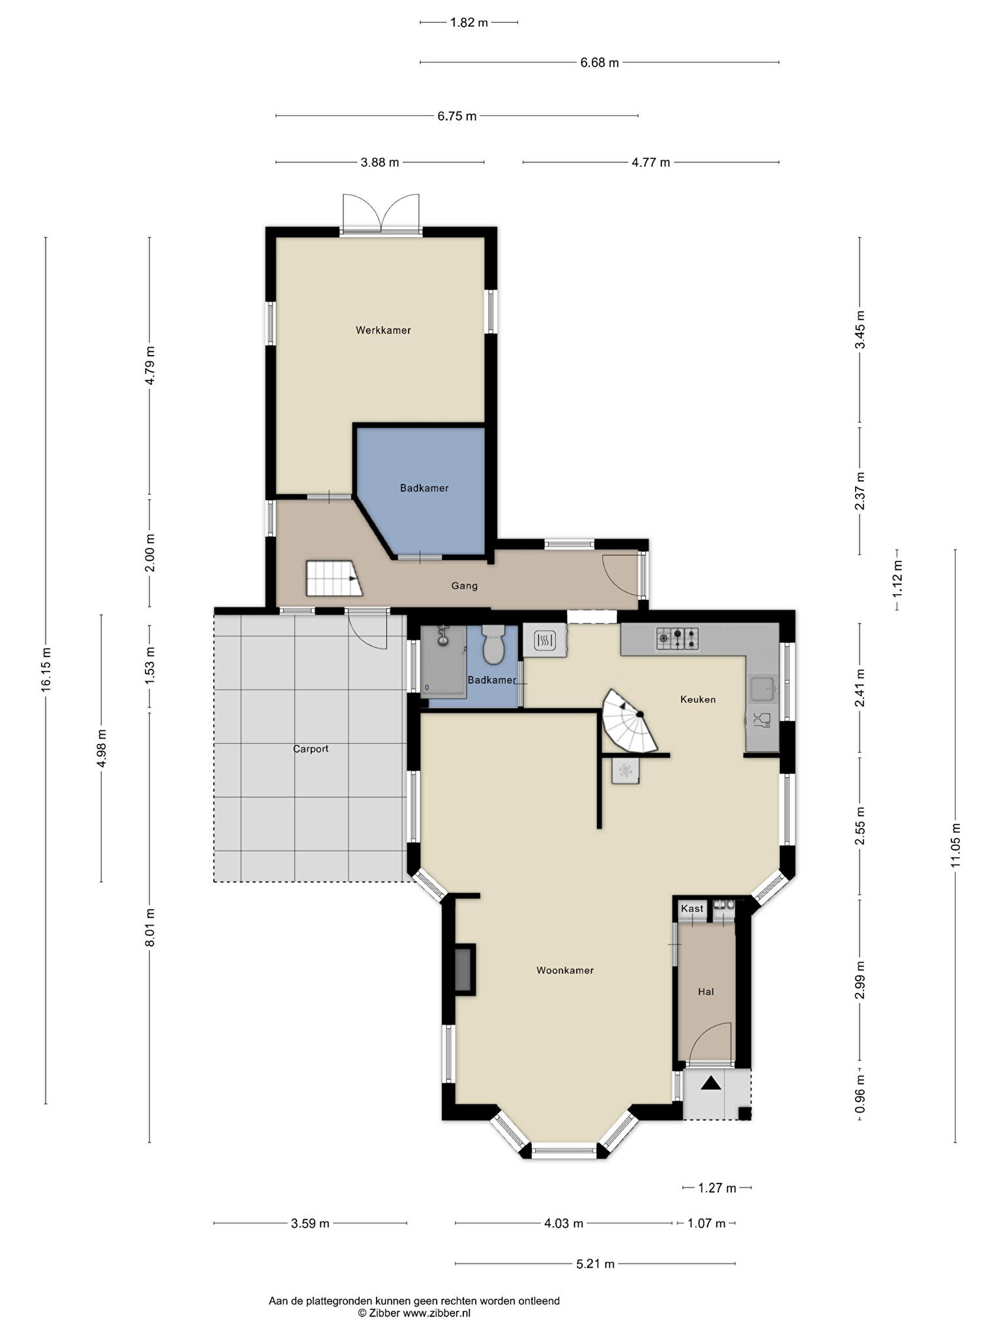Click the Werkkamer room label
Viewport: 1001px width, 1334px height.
tap(383, 330)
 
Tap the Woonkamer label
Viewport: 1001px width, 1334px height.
tap(565, 970)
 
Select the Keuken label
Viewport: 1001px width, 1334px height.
tap(698, 699)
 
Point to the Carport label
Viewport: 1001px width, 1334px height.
tap(311, 749)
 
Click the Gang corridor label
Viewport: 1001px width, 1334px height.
tap(465, 586)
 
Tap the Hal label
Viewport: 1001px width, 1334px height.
tap(706, 991)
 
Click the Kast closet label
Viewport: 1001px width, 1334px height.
tap(692, 908)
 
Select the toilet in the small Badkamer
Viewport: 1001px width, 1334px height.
tap(493, 644)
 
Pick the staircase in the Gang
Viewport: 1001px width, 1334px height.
tap(334, 578)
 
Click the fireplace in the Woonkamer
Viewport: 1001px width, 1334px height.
tap(464, 969)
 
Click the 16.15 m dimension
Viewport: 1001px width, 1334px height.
tap(46, 670)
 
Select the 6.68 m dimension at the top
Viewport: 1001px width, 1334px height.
tap(600, 63)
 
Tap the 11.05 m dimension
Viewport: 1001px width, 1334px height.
tap(955, 846)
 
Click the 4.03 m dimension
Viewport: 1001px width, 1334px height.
tap(564, 1223)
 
